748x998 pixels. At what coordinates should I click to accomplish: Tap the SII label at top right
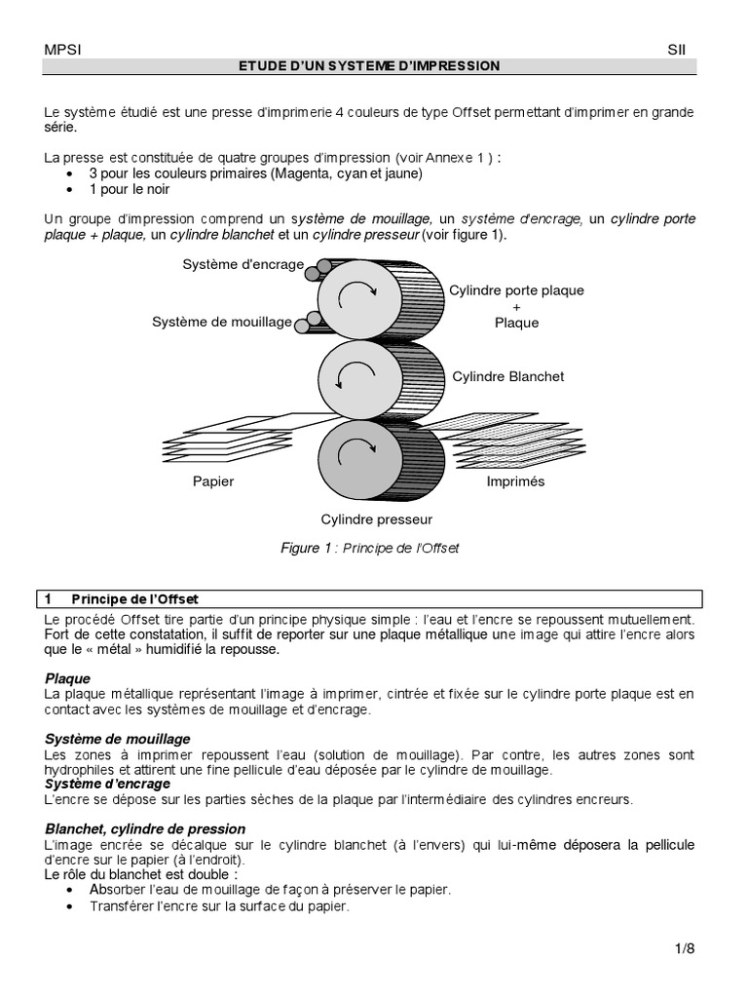tap(678, 49)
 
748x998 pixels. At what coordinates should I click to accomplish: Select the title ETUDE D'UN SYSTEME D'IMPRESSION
tap(369, 66)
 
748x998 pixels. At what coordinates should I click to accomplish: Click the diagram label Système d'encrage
tap(243, 264)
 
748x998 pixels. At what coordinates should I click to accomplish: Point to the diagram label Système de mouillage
tap(222, 322)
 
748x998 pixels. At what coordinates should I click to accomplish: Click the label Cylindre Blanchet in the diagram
tap(507, 375)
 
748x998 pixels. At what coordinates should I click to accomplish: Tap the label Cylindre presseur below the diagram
tap(377, 519)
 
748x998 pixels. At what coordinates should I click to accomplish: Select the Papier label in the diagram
tap(213, 481)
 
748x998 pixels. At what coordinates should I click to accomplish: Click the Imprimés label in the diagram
tap(515, 481)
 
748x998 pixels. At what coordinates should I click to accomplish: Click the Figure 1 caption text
tap(369, 548)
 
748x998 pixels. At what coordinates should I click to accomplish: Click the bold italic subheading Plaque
tap(67, 678)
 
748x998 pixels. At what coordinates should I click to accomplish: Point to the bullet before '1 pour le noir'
tap(70, 190)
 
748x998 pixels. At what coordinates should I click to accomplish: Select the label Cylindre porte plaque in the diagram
tap(516, 290)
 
